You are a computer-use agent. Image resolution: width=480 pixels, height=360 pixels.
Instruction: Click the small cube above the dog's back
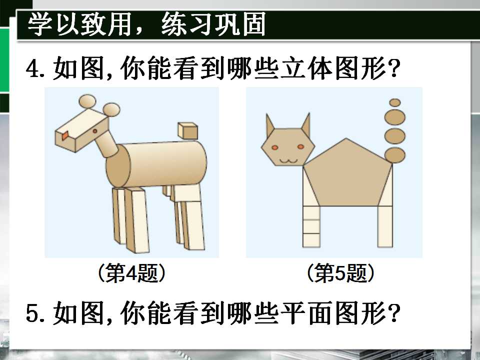(187, 131)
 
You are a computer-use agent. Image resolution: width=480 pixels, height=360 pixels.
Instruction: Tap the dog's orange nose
(65, 135)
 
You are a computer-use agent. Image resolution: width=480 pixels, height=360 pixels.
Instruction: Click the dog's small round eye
(95, 131)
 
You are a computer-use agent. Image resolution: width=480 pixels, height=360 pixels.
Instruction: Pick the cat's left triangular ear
(269, 125)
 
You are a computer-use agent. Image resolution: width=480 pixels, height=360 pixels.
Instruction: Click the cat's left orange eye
(274, 147)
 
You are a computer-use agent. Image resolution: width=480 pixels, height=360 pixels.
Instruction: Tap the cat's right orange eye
(300, 147)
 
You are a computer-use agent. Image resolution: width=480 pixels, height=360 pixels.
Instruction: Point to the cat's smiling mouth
(288, 160)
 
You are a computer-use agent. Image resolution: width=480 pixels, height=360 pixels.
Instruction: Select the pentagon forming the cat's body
(347, 173)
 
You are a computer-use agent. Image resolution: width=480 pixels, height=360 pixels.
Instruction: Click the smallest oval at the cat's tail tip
(395, 102)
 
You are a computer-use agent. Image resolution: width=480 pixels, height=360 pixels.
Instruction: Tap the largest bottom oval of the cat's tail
(395, 155)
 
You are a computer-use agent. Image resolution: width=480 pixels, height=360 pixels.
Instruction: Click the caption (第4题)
(131, 273)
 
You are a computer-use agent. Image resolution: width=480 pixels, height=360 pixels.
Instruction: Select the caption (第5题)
(340, 273)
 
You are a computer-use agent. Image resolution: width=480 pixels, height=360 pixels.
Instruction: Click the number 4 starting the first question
(32, 68)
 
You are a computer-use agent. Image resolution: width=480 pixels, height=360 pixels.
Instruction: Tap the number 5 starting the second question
(32, 313)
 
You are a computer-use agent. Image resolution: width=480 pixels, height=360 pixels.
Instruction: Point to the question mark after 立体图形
(394, 68)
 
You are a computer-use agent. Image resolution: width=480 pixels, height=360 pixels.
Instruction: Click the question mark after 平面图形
(394, 312)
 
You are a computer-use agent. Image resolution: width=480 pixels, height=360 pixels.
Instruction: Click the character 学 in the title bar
(39, 25)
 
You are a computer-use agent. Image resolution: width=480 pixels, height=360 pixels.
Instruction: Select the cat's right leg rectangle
(385, 226)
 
